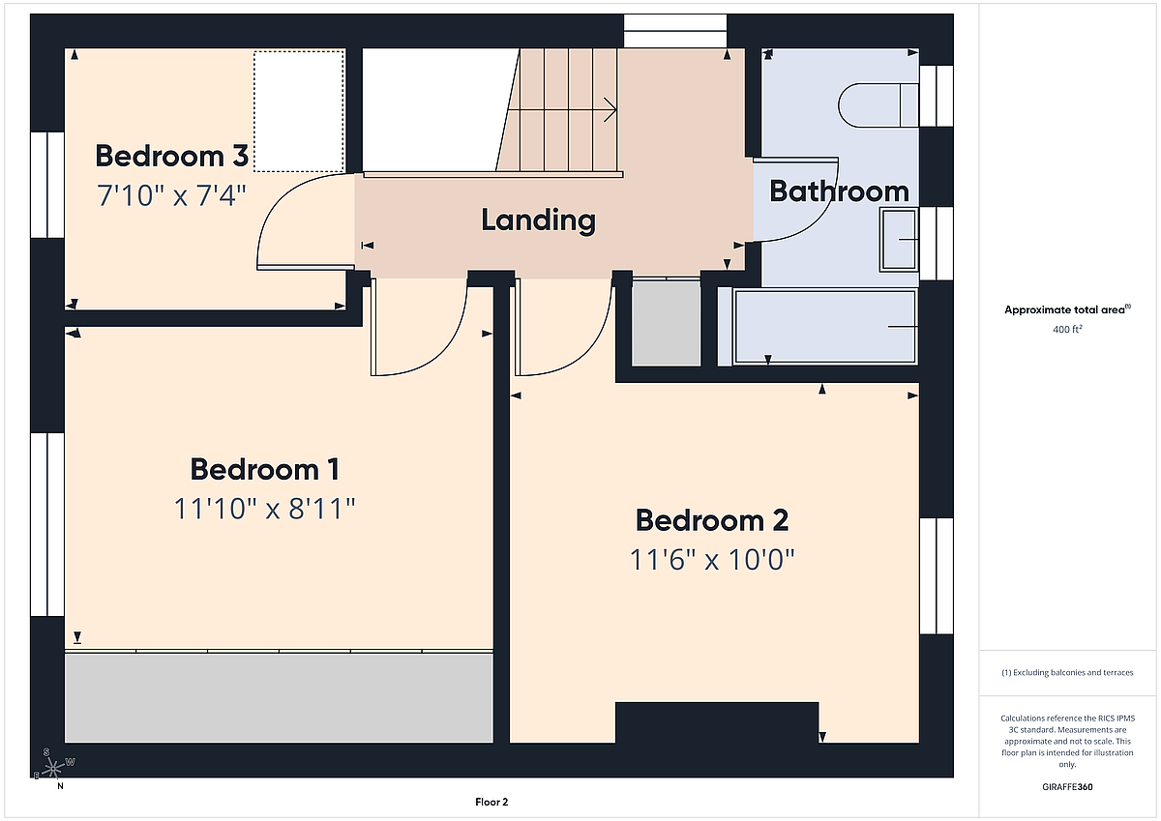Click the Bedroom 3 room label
172,156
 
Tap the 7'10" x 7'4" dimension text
171,195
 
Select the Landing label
539,220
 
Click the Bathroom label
839,191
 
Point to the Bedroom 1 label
265,469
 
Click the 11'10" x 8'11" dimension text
265,509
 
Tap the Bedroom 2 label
712,520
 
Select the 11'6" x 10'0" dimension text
712,559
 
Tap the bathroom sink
899,240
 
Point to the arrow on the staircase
562,110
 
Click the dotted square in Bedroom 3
299,111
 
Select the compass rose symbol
53,768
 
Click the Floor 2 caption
491,802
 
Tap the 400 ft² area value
1067,329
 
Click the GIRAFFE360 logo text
1067,787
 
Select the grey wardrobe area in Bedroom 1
279,698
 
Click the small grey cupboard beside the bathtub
666,324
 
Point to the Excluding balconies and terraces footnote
1067,672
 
